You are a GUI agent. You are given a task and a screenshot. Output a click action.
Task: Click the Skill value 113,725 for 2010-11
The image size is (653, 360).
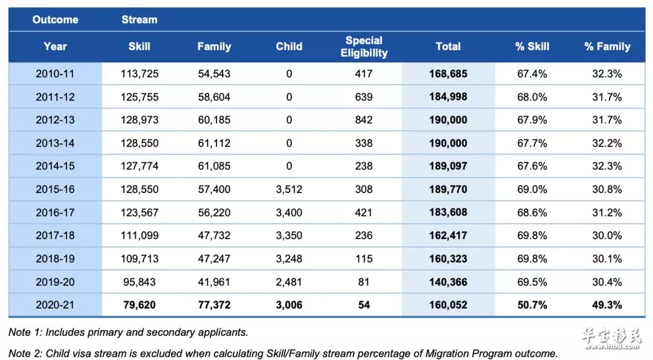(x=140, y=74)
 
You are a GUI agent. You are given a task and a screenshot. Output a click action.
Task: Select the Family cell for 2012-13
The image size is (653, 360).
(x=214, y=120)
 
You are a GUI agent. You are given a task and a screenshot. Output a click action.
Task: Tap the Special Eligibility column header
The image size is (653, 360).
(x=364, y=47)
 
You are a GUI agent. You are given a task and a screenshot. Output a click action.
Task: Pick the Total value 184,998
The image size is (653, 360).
(x=448, y=97)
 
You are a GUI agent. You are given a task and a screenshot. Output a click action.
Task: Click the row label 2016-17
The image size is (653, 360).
(x=55, y=212)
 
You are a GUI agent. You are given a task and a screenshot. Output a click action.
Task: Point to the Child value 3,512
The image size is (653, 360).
(x=289, y=189)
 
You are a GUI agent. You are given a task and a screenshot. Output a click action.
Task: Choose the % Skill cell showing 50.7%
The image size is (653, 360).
(x=532, y=305)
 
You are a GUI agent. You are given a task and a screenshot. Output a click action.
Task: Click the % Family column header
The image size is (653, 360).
(x=607, y=47)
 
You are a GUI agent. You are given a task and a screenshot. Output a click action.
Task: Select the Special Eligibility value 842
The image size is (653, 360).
(x=364, y=120)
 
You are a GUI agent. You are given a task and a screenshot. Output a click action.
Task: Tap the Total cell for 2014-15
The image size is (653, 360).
(x=448, y=166)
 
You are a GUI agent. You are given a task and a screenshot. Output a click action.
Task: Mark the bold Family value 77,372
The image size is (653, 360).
(x=214, y=305)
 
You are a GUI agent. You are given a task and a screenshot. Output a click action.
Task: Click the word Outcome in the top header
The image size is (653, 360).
(x=56, y=19)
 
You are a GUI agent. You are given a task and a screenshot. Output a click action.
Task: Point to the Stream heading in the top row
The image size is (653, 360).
(x=140, y=19)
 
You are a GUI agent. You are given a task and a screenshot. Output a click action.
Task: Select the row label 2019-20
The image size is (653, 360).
(x=55, y=282)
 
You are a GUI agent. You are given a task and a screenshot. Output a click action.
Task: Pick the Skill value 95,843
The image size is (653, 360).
(x=140, y=282)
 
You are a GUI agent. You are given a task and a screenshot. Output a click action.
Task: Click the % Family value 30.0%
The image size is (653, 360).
(x=607, y=235)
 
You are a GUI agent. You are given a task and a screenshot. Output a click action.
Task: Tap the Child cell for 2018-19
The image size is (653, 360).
(x=289, y=259)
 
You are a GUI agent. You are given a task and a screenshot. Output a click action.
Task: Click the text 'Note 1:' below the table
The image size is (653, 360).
(x=25, y=333)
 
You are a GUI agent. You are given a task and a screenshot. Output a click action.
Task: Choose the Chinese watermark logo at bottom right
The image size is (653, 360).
(x=611, y=338)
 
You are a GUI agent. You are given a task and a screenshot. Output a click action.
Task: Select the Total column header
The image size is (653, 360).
(x=448, y=47)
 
